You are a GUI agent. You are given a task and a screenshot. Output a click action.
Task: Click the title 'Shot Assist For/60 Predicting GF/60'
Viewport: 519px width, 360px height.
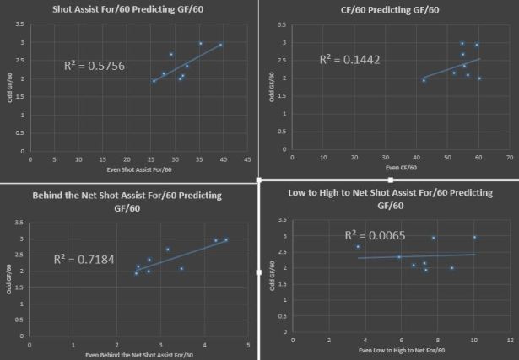click(121, 10)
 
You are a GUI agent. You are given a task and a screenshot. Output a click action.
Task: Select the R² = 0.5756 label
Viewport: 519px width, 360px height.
click(95, 65)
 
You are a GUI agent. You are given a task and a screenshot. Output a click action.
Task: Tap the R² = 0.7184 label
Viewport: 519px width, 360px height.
click(84, 260)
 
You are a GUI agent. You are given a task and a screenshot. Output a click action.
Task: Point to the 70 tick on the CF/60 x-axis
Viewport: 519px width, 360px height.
click(510, 157)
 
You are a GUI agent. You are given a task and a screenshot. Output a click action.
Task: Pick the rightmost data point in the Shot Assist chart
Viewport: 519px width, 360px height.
click(221, 46)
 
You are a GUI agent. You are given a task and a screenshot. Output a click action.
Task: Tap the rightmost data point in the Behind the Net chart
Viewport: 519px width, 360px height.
click(225, 240)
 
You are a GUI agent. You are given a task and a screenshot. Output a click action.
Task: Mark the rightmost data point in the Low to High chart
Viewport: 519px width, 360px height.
click(474, 238)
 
